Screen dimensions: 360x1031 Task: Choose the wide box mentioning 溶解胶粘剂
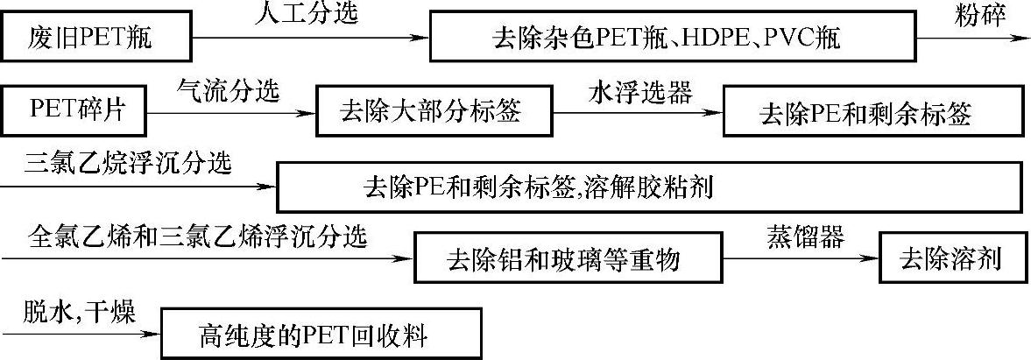coord(649,186)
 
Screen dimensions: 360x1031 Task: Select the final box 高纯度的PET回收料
coord(321,333)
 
